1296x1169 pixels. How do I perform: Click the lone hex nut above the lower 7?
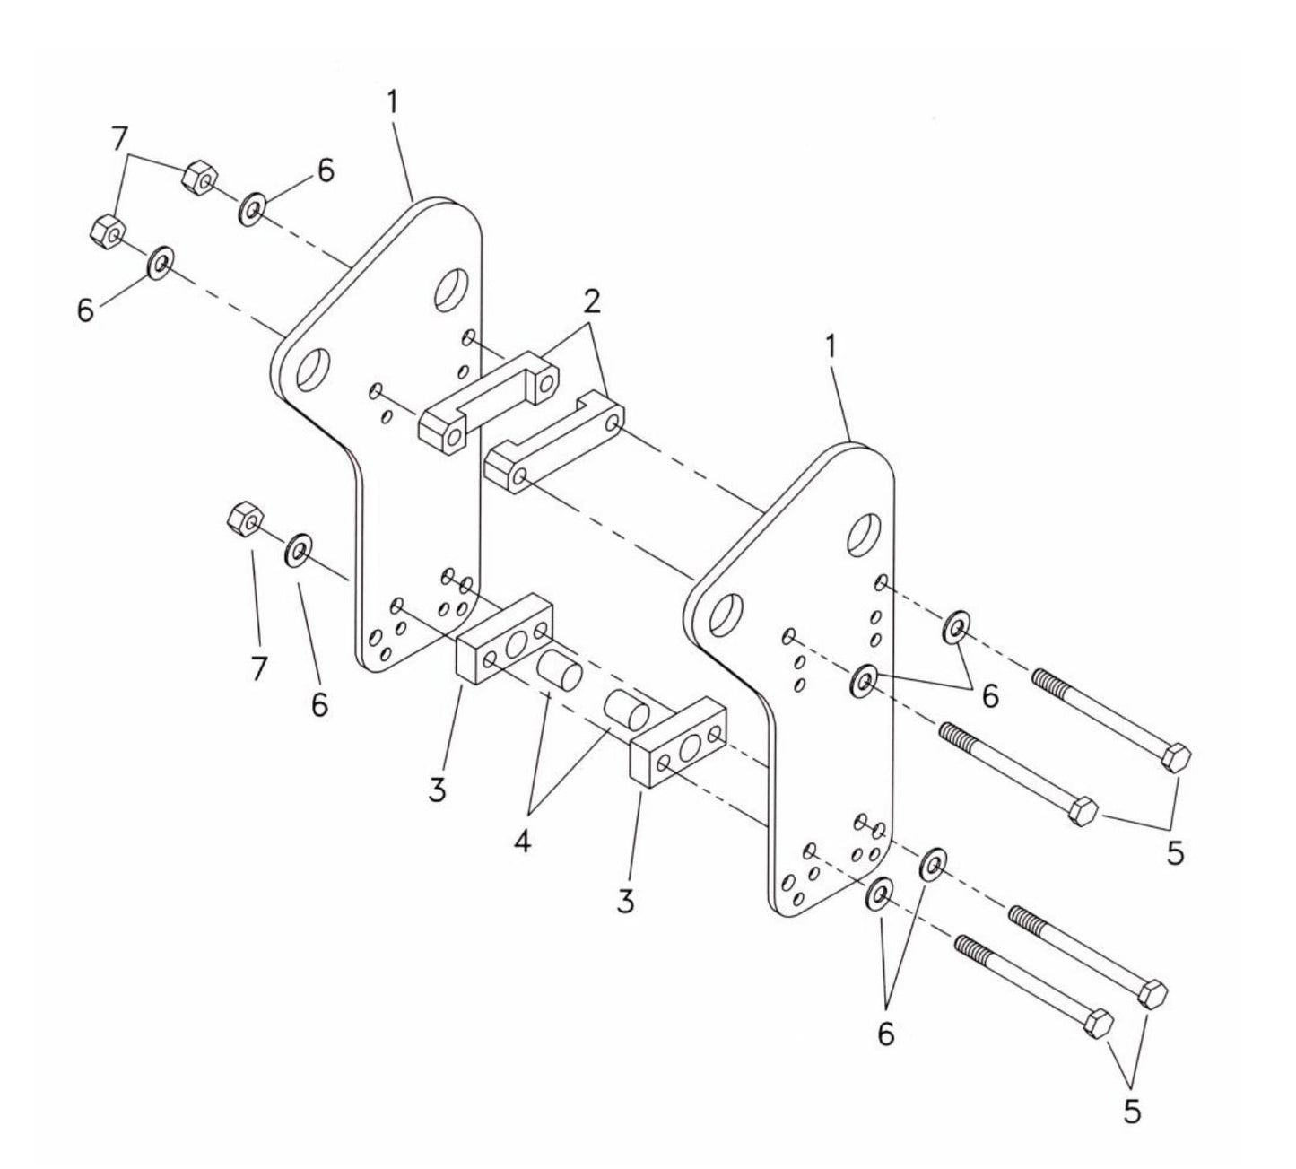point(244,518)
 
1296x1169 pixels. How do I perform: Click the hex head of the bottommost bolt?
point(1098,1024)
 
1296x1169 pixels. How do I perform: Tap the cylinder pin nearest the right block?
point(625,711)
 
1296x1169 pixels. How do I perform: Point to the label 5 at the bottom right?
point(1132,1112)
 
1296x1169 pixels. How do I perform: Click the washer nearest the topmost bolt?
point(955,625)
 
